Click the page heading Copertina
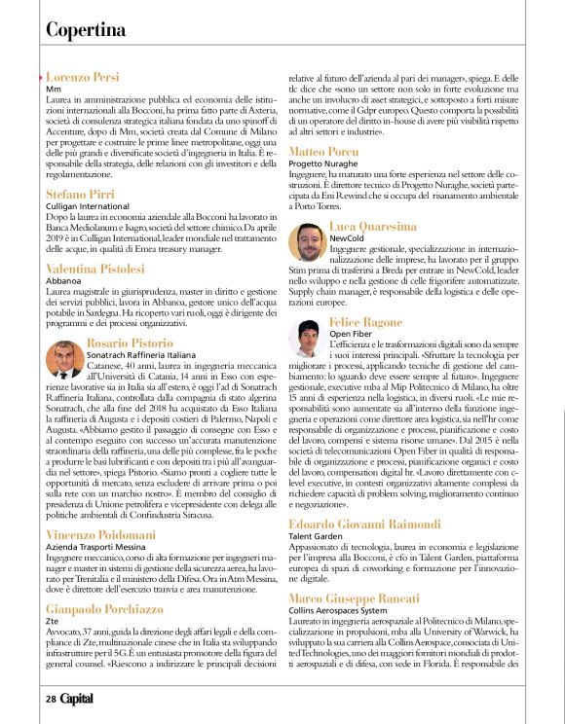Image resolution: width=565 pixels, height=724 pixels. tap(86, 30)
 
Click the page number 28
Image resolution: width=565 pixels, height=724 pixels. tap(50, 699)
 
